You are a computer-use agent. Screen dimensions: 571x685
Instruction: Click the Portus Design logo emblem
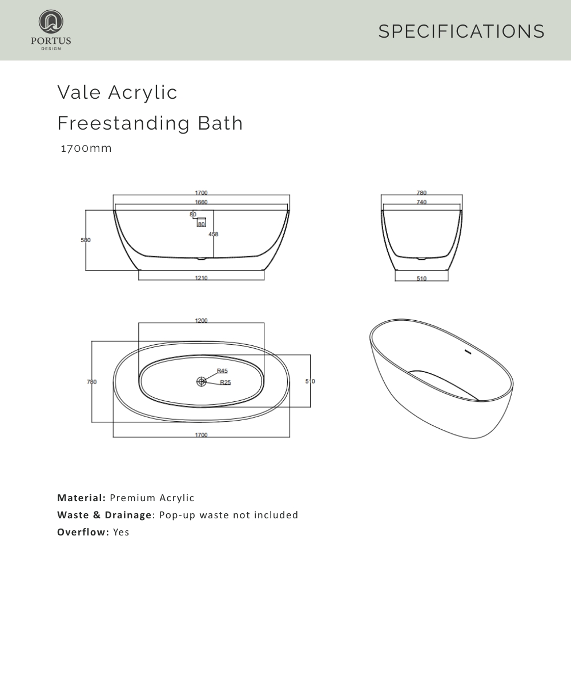click(51, 22)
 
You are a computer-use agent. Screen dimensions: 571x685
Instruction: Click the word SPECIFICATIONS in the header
click(461, 31)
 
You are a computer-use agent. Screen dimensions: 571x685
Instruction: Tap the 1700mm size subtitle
click(86, 148)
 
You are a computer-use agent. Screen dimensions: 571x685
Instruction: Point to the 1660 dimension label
click(201, 202)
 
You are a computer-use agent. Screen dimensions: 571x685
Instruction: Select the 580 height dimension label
click(85, 240)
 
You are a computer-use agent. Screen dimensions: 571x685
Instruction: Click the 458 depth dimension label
click(214, 234)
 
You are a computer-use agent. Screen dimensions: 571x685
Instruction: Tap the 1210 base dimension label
click(201, 278)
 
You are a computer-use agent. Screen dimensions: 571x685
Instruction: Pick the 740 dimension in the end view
click(421, 202)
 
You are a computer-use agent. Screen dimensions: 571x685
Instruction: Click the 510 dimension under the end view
click(421, 279)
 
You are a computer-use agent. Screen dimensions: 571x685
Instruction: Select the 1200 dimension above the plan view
click(201, 320)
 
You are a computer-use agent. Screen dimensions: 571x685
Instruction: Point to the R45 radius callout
click(222, 370)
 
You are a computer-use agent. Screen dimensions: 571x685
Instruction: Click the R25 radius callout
click(226, 382)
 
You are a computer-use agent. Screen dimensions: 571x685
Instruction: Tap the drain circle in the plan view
click(201, 381)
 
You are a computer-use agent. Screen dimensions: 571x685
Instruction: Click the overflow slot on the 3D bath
click(468, 352)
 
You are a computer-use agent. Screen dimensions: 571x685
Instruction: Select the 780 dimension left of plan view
click(91, 382)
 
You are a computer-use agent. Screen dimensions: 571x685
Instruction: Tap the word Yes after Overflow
click(121, 532)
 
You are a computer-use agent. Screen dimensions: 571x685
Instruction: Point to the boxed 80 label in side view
click(201, 224)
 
